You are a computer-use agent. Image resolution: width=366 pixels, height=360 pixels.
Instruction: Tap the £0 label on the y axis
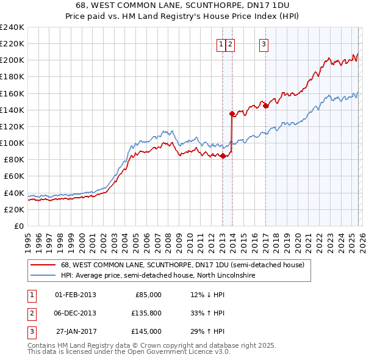coord(18,226)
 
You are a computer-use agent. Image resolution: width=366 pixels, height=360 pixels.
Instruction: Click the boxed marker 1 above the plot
coord(220,44)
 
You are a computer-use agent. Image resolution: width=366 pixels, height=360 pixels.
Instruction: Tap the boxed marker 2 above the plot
coord(230,44)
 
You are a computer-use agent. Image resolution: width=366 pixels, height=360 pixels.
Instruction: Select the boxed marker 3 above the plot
coord(264,44)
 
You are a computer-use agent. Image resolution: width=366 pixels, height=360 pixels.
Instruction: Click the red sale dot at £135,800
coord(232,113)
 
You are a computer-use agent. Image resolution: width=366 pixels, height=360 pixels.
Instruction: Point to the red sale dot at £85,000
coord(223,156)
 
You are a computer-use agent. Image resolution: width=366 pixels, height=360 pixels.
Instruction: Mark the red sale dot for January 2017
coord(266,106)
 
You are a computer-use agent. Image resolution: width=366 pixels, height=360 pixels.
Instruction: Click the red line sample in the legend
coord(43,265)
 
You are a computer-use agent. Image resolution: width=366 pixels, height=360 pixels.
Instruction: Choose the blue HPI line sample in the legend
coord(43,276)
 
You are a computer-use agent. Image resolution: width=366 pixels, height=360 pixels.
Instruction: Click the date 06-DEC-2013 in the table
coord(76,313)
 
